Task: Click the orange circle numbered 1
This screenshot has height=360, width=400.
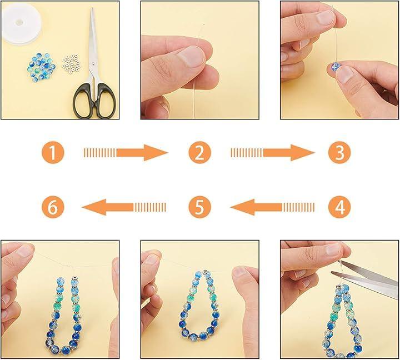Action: pyautogui.click(x=53, y=153)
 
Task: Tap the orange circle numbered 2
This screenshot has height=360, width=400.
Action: pyautogui.click(x=200, y=153)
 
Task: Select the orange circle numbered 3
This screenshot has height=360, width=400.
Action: pyautogui.click(x=339, y=153)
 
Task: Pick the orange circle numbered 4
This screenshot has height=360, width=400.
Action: pyautogui.click(x=339, y=207)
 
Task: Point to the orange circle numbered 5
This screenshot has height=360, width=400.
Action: pyautogui.click(x=200, y=207)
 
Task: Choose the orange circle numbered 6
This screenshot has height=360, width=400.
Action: pyautogui.click(x=53, y=207)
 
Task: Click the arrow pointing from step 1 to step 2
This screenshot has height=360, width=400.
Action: pyautogui.click(x=126, y=153)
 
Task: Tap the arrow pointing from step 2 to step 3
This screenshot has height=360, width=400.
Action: pyautogui.click(x=272, y=153)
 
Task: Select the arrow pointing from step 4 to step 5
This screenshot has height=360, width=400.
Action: pyautogui.click(x=272, y=207)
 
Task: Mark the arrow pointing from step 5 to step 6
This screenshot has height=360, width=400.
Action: pyautogui.click(x=124, y=207)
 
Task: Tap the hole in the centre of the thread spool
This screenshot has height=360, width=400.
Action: pyautogui.click(x=19, y=22)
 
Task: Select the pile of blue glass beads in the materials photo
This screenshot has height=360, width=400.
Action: pyautogui.click(x=41, y=67)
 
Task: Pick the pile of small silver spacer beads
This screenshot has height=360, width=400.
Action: pyautogui.click(x=71, y=64)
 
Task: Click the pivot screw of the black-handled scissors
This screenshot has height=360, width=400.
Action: pyautogui.click(x=93, y=63)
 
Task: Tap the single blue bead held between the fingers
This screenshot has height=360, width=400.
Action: pyautogui.click(x=336, y=66)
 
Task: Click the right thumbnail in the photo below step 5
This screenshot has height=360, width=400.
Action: pyautogui.click(x=242, y=272)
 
